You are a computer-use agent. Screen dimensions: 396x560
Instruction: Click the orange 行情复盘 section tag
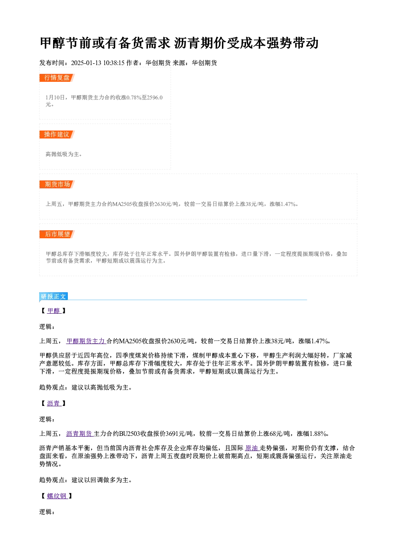(57, 78)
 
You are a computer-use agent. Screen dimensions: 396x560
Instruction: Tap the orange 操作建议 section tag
(57, 135)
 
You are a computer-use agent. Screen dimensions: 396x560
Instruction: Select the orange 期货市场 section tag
(57, 184)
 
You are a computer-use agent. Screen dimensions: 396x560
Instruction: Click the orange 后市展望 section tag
(57, 234)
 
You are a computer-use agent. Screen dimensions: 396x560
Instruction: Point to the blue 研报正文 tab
(53, 297)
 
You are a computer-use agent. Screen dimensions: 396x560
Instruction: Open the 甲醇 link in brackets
(54, 311)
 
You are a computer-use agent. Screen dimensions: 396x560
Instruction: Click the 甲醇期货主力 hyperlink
(86, 341)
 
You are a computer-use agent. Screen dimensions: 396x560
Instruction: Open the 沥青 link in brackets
(54, 403)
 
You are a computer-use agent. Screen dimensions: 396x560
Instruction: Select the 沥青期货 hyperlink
(79, 433)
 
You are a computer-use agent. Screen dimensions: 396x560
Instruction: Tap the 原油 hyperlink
(252, 448)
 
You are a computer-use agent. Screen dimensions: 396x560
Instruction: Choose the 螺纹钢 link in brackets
(57, 496)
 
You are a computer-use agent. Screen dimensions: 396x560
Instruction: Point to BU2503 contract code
(129, 434)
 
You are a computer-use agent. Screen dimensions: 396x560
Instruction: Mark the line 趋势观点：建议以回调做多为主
(85, 480)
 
